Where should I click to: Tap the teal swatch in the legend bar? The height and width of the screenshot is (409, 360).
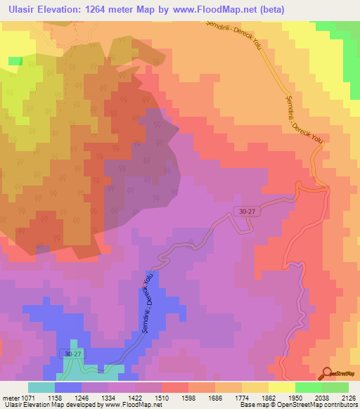tap(41, 387)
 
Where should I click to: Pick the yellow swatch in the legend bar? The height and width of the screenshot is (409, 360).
tap(281, 387)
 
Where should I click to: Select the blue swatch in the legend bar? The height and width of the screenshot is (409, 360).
tap(68, 387)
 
